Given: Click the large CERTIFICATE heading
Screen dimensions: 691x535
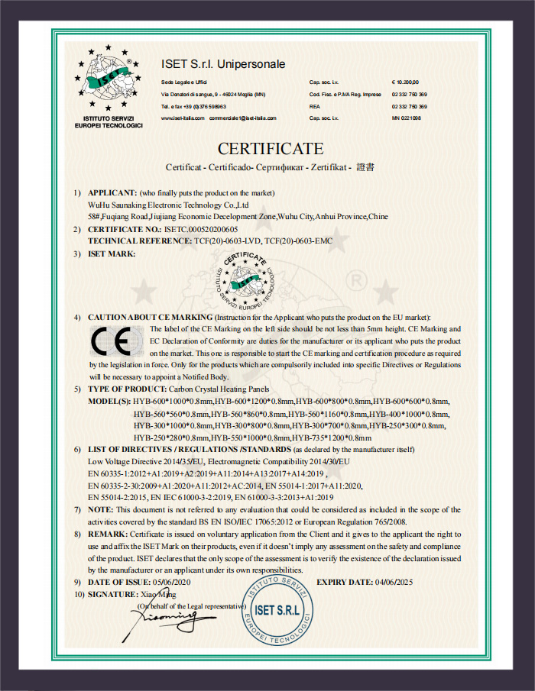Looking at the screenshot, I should pyautogui.click(x=271, y=148).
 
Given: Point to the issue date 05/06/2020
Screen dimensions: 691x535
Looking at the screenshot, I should pyautogui.click(x=175, y=582).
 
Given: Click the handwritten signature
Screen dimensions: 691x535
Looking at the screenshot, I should pyautogui.click(x=170, y=615).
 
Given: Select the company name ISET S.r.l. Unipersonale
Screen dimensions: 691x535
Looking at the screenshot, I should pyautogui.click(x=223, y=64).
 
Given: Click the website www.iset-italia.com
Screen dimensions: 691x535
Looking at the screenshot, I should pyautogui.click(x=183, y=118).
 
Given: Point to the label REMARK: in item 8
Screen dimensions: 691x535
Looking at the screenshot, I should pyautogui.click(x=109, y=534).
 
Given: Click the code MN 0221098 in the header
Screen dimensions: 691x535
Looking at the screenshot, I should pyautogui.click(x=406, y=118).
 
